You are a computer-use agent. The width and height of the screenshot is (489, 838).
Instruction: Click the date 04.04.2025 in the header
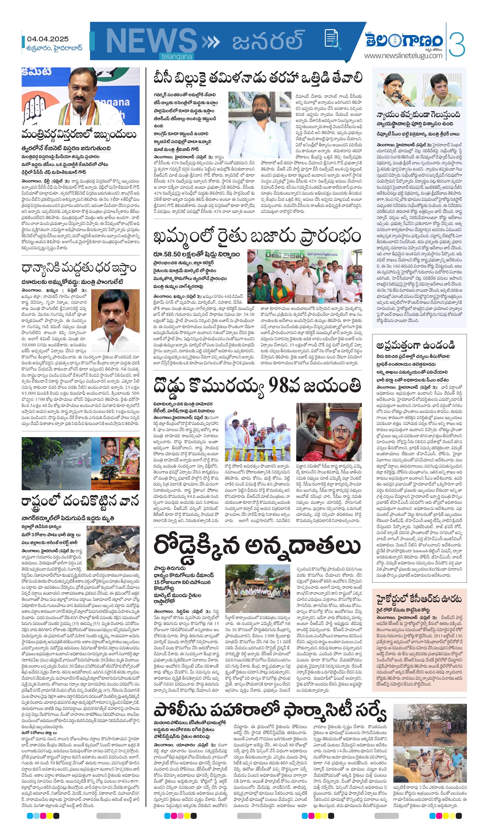point(48,39)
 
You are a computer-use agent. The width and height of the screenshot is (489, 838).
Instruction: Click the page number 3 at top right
point(458,43)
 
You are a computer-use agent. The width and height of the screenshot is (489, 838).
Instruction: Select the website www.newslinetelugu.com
point(403,55)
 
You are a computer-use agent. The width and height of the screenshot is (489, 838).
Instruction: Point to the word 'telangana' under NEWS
point(177,57)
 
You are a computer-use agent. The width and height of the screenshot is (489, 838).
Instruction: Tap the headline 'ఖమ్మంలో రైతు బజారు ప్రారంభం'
point(257,236)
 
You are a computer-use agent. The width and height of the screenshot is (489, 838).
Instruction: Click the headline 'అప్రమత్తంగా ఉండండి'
point(416,345)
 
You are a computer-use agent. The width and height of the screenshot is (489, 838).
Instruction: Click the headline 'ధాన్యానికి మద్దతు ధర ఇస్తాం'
point(79,268)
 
